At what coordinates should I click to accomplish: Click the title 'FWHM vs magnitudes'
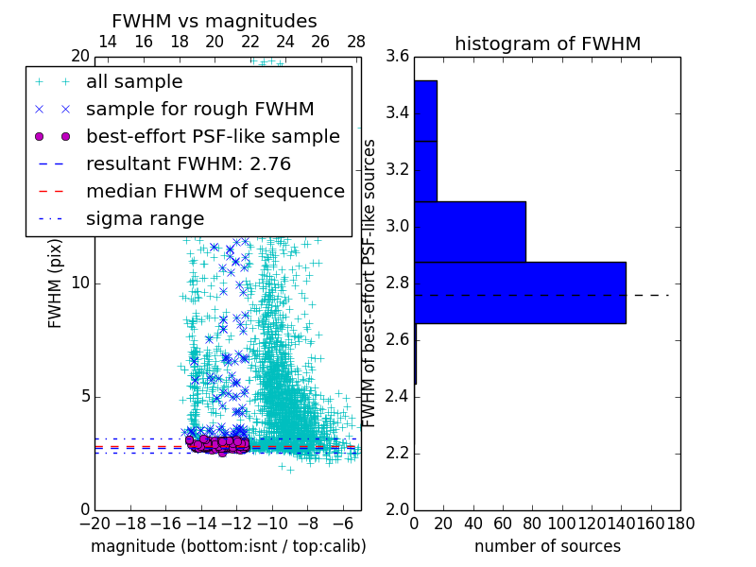pos(214,21)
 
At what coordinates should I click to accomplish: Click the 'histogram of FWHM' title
pos(547,43)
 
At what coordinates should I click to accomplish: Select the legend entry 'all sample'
pos(134,82)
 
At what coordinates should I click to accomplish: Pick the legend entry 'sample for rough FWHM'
pos(199,110)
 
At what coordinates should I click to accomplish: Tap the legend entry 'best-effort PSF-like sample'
pos(213,137)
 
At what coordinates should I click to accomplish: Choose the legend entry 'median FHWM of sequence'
pos(215,192)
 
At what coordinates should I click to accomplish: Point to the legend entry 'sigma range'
pos(145,219)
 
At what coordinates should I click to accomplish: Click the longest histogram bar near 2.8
pos(520,292)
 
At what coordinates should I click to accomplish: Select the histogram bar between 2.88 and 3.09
pos(470,232)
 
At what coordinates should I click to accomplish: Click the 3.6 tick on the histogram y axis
pos(398,57)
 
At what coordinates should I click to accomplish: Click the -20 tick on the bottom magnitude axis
pos(94,523)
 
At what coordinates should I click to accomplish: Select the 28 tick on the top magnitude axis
pos(356,42)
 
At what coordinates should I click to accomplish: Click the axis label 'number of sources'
pos(547,546)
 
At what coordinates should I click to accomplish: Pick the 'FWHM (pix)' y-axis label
pos(56,283)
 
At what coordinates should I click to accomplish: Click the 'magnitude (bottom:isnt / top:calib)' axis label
pos(228,546)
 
